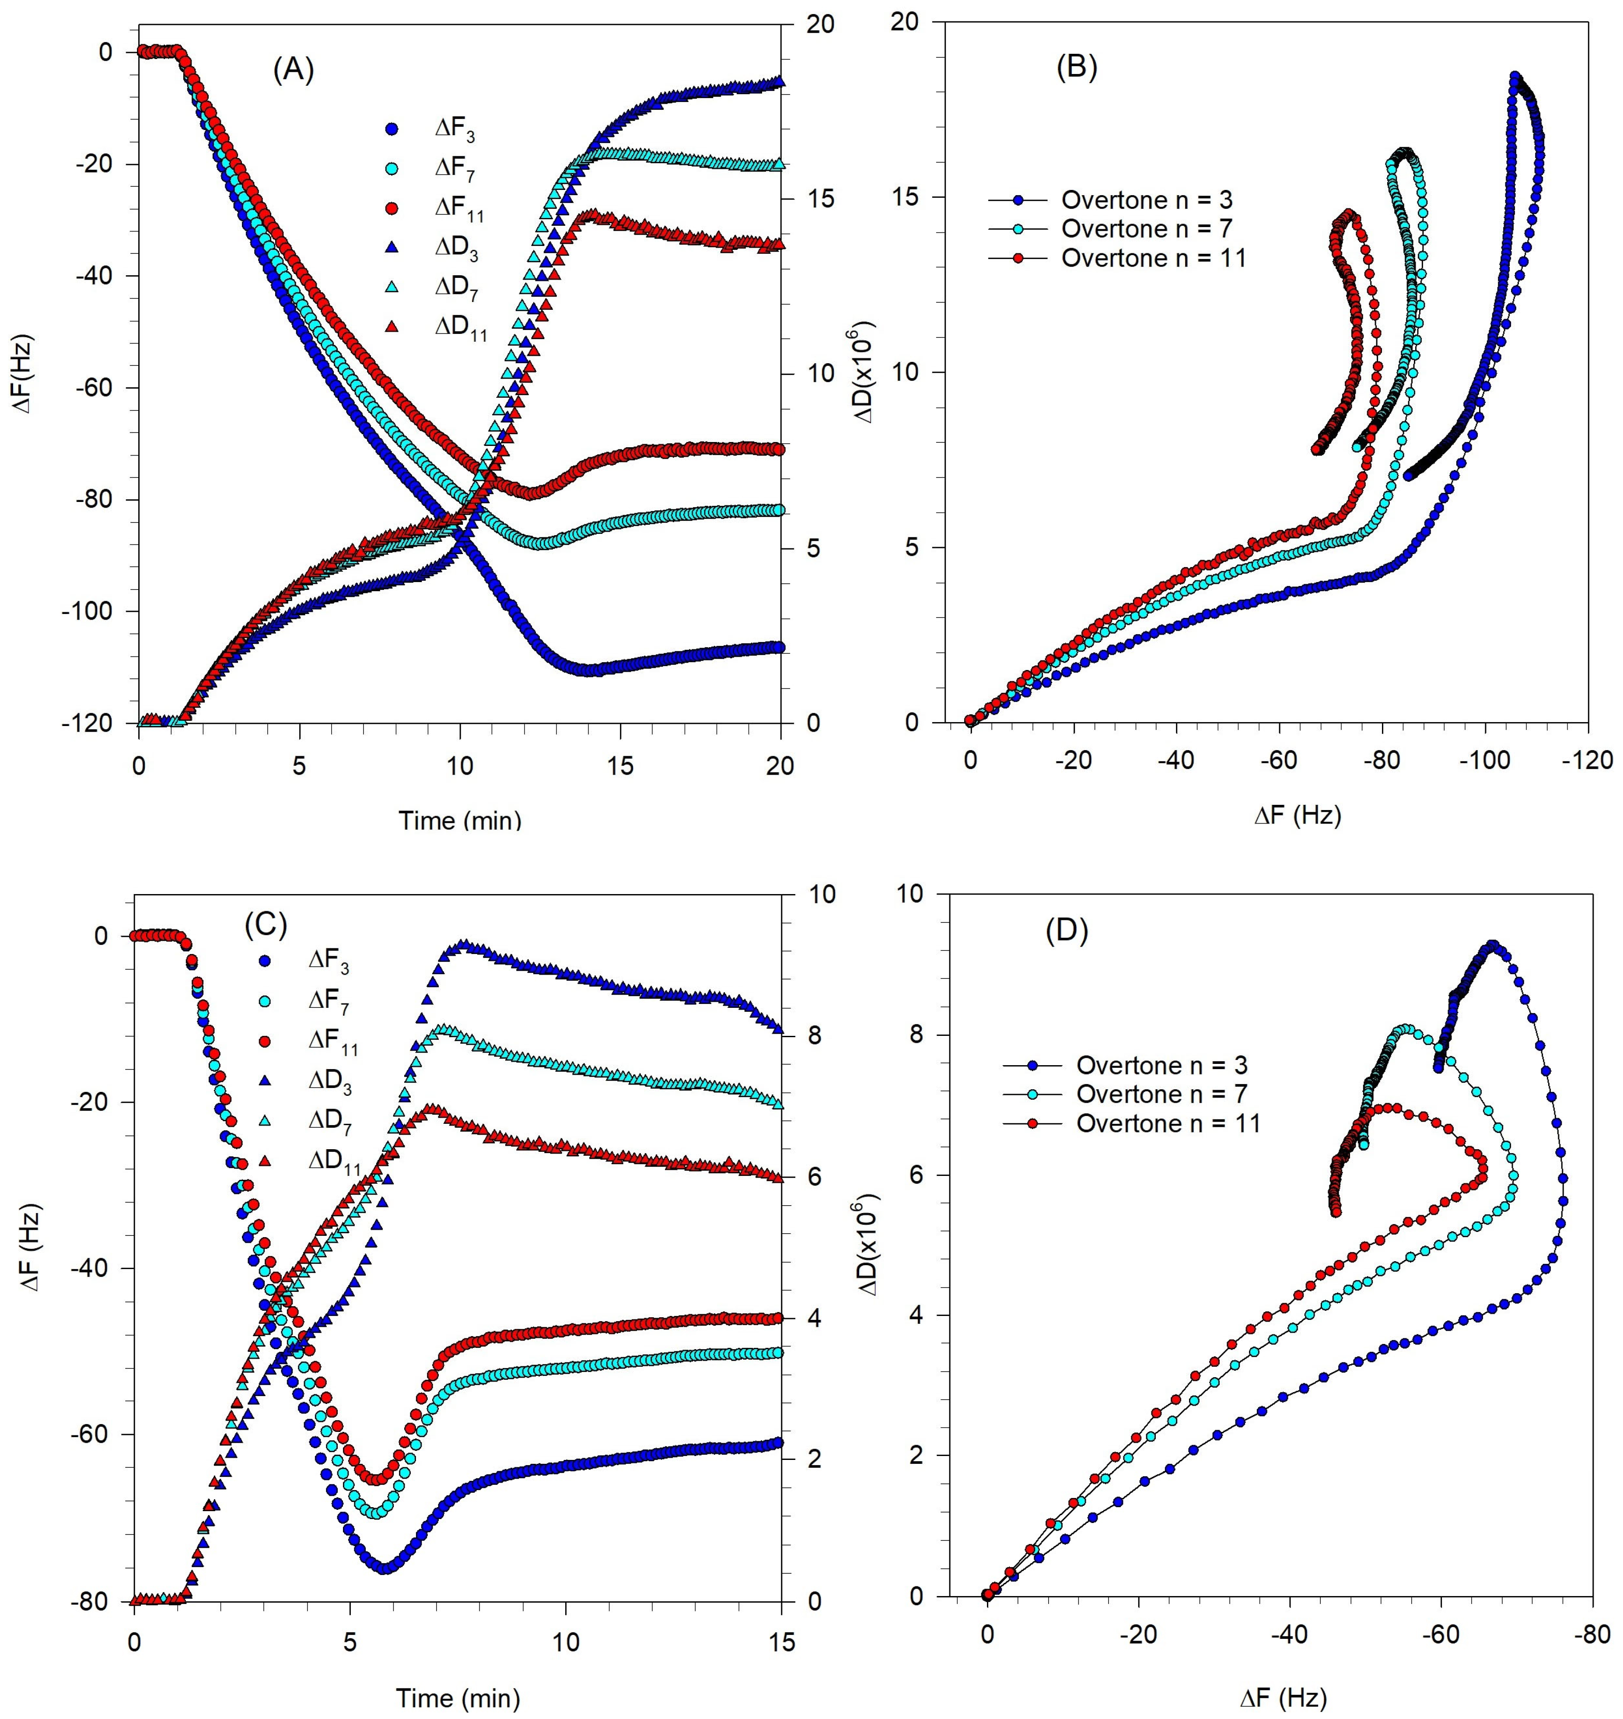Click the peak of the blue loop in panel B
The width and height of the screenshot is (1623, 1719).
click(1514, 76)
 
